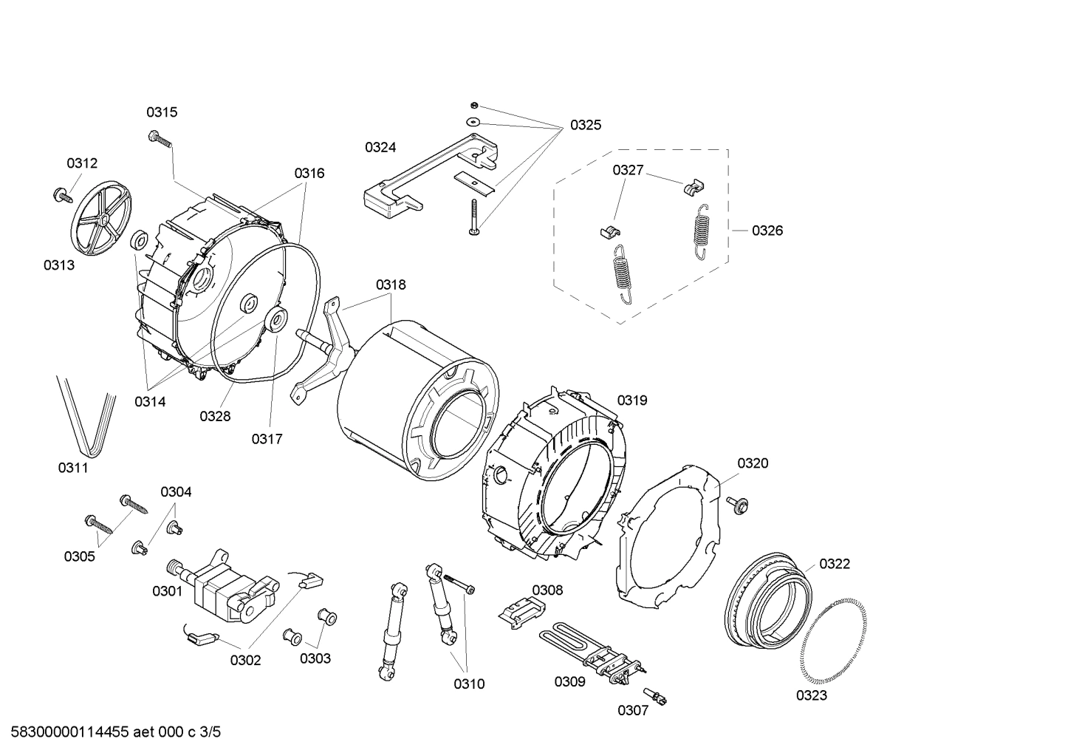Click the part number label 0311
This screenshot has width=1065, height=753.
[73, 468]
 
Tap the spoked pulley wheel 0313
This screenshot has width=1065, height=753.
[102, 219]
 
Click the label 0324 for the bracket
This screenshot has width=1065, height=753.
[380, 147]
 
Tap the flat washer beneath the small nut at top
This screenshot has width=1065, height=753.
[473, 120]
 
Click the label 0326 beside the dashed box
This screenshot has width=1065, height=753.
[767, 231]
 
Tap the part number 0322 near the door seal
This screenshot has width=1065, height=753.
[835, 564]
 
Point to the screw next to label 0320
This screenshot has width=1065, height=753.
[737, 504]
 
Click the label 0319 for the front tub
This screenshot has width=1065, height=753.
[632, 401]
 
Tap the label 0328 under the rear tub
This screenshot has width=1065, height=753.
[215, 416]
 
